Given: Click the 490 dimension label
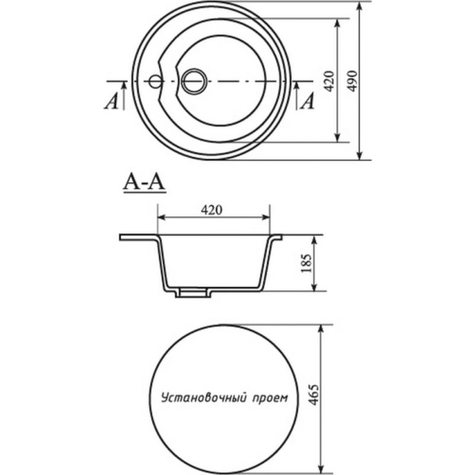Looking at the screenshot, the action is [x=352, y=81].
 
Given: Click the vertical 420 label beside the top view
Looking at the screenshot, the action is [x=329, y=81].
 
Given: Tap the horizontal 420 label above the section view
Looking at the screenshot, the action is [x=212, y=210].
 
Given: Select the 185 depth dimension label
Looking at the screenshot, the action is [x=307, y=263].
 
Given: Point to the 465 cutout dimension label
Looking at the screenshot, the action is [x=313, y=395].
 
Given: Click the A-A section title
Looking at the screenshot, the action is [x=145, y=183].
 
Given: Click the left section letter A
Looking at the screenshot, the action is [x=111, y=101].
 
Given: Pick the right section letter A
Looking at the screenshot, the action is [x=308, y=101].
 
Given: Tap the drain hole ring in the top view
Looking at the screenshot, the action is [x=195, y=81].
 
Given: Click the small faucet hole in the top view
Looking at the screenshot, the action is [x=156, y=81].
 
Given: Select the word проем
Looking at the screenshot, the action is [x=270, y=397].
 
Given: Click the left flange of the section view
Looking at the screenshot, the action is [x=138, y=237].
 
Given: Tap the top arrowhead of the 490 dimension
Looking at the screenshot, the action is [x=359, y=6].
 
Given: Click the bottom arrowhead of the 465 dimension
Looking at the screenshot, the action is [x=322, y=469].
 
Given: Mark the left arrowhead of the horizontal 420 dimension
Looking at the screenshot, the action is [x=162, y=217].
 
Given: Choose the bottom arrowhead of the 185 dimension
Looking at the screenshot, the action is [x=314, y=286].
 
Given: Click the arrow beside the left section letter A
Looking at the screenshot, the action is [x=124, y=95].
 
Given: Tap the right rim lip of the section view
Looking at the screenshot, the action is [x=276, y=237].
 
